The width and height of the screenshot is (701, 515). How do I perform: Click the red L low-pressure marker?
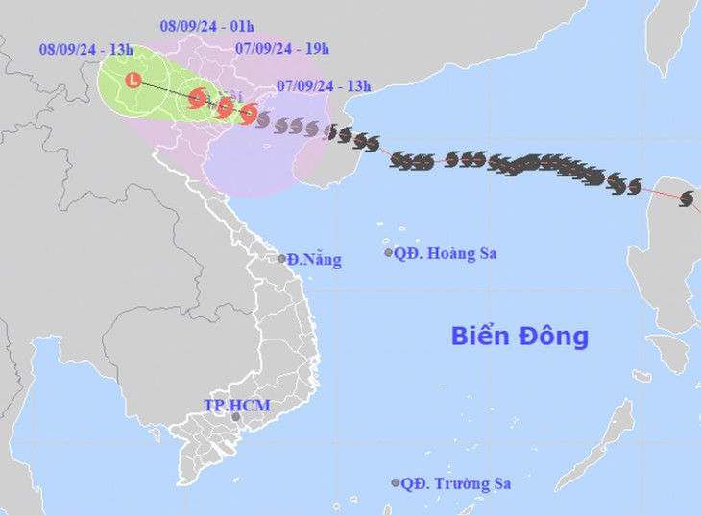pyautogui.click(x=133, y=81)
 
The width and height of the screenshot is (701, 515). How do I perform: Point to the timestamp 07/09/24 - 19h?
pyautogui.click(x=282, y=48)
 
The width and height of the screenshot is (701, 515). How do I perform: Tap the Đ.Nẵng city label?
pyautogui.click(x=315, y=259)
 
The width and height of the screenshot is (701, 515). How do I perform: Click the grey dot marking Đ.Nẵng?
pyautogui.click(x=282, y=258)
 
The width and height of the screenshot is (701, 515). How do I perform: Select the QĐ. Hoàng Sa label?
pyautogui.click(x=446, y=253)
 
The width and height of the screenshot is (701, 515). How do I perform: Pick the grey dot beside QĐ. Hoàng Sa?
pyautogui.click(x=389, y=253)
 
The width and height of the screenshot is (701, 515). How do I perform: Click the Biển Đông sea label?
pyautogui.click(x=520, y=337)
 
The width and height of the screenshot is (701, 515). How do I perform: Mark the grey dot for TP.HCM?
pyautogui.click(x=235, y=417)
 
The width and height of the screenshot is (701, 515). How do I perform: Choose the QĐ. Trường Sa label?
pyautogui.click(x=457, y=483)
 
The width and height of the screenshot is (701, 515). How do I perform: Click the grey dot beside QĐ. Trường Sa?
pyautogui.click(x=396, y=483)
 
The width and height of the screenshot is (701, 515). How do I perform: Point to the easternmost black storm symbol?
pyautogui.click(x=686, y=199)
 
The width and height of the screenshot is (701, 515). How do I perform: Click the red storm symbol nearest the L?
pyautogui.click(x=198, y=97)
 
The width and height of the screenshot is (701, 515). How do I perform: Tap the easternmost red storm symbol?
pyautogui.click(x=248, y=114)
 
